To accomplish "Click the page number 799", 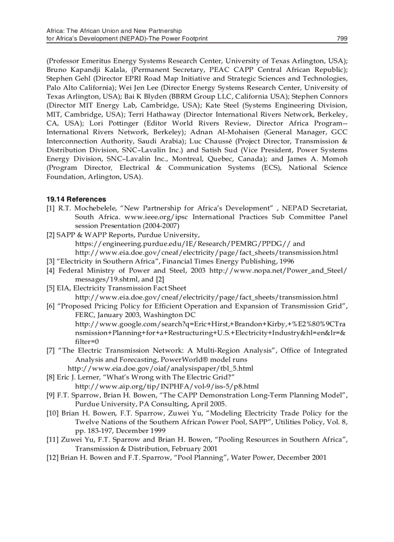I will click(342, 39).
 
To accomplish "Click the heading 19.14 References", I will click(76, 199).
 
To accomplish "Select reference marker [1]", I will click(51, 208).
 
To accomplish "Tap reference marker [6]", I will click(51, 306).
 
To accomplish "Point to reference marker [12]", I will click(52, 457).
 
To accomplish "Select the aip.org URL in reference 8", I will click(167, 386).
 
